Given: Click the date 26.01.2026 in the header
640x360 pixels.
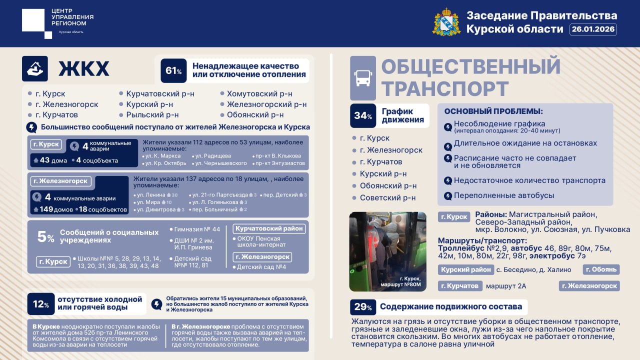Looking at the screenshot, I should pos(593,29).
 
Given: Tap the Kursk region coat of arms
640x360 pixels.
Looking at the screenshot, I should pos(446,22).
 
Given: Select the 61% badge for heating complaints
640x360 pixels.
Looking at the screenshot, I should pos(173,70).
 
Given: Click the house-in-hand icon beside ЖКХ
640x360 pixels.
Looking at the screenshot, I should pos(35,68).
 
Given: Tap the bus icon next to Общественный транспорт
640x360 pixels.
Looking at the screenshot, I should pos(363,77).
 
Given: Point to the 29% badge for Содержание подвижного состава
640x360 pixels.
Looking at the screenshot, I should pos(362,307).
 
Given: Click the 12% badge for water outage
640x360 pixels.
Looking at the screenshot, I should pos(40,303).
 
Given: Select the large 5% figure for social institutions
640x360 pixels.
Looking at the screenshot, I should pos(45,236).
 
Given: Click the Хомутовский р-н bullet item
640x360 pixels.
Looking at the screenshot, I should pos(259,94).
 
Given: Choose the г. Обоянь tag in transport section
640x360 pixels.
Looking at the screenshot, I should pos(601,269).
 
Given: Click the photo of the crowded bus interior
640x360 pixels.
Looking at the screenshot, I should pos(387,251).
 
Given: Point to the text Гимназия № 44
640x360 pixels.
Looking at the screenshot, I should pos(197,229).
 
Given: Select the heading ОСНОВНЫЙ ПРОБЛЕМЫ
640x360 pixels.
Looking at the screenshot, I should pos(493,111).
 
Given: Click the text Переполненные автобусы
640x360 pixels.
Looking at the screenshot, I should pos(503,195).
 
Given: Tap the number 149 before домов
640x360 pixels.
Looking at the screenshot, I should pos(46,209).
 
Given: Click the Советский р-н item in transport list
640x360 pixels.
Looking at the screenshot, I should pos(387,198).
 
